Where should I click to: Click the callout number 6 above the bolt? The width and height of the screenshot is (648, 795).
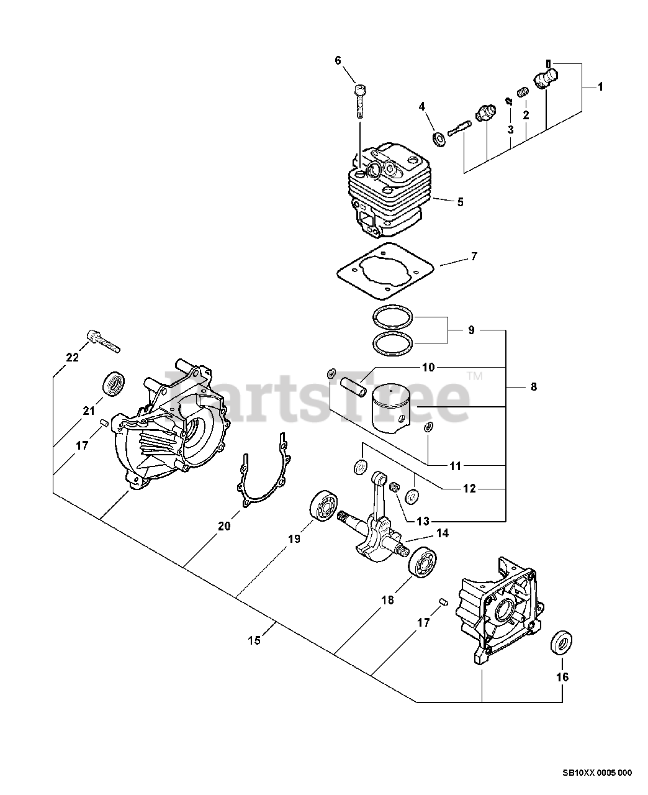338,60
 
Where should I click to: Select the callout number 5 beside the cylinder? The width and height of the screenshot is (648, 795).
460,202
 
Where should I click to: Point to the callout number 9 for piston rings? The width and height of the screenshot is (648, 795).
472,330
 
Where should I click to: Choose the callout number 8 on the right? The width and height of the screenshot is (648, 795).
533,387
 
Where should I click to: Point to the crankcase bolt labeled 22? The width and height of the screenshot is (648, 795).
103,342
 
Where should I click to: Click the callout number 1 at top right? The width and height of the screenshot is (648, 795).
600,88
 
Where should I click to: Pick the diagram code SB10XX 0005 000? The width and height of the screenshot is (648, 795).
596,773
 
